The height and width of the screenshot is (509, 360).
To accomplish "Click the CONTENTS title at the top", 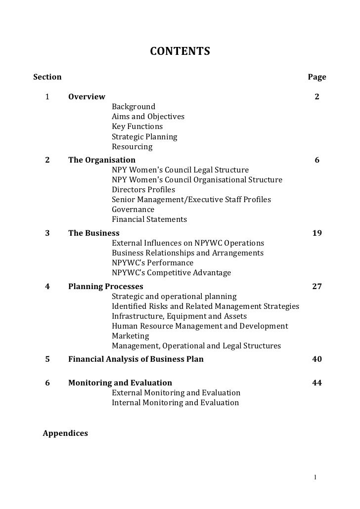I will tap(180, 51).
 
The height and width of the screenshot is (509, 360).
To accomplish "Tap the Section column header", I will tap(47, 77).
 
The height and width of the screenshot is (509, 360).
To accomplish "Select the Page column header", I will tap(317, 77).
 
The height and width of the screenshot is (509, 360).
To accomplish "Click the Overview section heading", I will tap(87, 96).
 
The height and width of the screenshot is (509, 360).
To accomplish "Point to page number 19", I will tap(317, 233).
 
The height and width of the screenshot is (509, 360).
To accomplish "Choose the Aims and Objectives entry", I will tap(148, 117).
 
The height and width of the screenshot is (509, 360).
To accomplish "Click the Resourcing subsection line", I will tap(132, 147).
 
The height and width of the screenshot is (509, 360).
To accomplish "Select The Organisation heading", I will tap(101, 160).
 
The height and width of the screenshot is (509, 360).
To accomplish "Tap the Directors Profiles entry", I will tap(143, 190).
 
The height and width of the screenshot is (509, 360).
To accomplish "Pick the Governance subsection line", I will tap(133, 210).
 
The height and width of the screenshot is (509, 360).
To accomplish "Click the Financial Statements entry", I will tap(149, 219).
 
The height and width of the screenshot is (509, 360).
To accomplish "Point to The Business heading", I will tap(93, 233).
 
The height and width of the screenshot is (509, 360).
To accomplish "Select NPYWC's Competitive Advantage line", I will tap(171, 273).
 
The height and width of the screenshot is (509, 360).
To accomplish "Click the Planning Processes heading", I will tap(105, 287).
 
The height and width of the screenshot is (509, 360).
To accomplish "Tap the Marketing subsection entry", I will tap(130, 336).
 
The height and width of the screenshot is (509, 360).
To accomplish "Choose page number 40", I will tap(317, 359).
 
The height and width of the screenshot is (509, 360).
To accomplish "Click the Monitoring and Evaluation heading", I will tap(120, 383).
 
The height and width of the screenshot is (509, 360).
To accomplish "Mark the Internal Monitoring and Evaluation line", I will tap(175, 403).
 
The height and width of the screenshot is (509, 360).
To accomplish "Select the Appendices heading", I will tap(66, 433).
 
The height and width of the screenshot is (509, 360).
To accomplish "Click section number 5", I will tap(47, 359).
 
